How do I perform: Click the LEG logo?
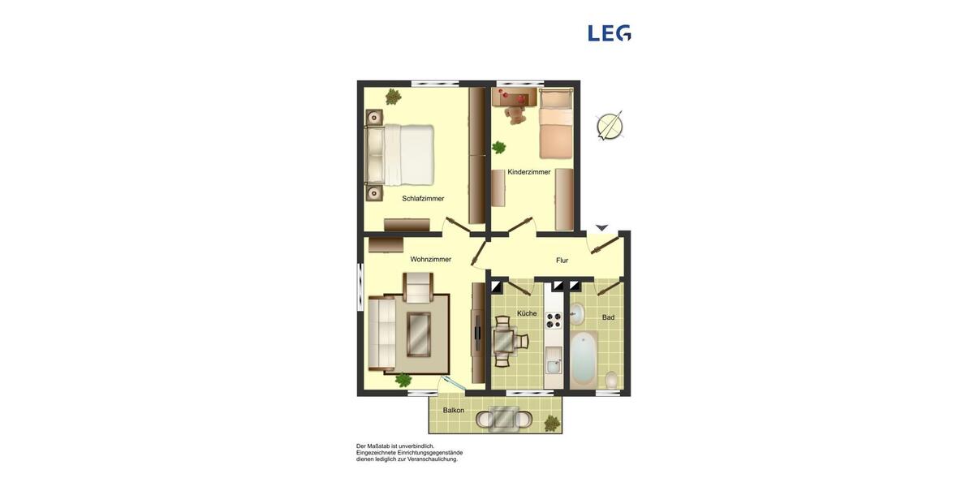coord(610,33)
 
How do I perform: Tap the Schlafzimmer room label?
coord(423,198)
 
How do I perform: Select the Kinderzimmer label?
coord(529,172)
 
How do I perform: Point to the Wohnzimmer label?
coord(431,260)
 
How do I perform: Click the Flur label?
coord(562,261)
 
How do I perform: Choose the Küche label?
coord(527,313)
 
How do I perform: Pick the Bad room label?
coord(608,317)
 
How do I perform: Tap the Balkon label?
coord(454,411)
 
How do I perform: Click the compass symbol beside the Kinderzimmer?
coord(610,126)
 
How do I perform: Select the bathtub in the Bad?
coord(584,359)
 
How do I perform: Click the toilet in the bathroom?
coord(612,379)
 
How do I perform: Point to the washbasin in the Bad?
coord(577,313)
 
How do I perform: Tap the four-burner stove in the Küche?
coord(554,319)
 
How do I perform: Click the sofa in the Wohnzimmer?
coord(381,333)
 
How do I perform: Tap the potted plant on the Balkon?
coord(552,422)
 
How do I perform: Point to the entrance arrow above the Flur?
coord(601,228)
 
